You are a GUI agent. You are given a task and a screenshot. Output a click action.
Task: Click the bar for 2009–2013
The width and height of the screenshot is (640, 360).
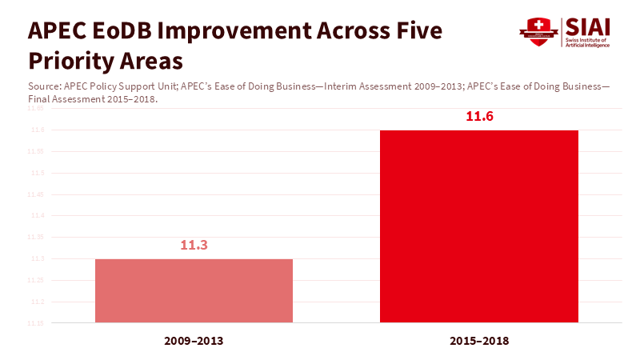point(194,291)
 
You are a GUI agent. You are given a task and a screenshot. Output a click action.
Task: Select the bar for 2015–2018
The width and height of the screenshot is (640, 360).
point(478,226)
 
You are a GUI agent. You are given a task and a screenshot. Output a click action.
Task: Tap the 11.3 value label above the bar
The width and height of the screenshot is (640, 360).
point(194,245)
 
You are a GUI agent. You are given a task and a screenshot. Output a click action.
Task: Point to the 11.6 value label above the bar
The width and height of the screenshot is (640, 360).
point(479,117)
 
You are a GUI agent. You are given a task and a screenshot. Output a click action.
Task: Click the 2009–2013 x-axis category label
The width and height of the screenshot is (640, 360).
point(194,341)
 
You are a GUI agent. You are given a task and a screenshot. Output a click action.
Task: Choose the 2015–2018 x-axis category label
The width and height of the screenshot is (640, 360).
point(479,341)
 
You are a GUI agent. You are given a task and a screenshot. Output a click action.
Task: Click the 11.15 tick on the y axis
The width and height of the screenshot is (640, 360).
point(37,323)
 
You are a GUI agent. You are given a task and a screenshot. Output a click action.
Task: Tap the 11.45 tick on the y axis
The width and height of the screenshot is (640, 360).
point(37,194)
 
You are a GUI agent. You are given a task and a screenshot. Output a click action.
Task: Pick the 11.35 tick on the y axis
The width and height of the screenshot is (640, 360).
point(37,238)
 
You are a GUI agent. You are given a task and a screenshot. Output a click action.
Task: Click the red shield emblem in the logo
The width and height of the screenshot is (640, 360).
point(538,33)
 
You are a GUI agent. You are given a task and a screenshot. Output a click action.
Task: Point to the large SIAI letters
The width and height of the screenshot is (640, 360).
point(587,27)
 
